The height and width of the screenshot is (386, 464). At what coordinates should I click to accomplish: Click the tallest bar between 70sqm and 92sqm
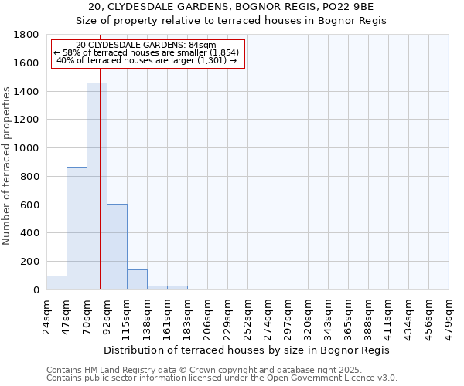(97, 186)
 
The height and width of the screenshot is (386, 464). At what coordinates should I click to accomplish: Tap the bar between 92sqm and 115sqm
(117, 247)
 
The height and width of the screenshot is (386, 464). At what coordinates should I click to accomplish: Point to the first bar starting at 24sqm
(56, 283)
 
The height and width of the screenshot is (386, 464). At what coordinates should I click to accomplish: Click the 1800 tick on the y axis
(28, 35)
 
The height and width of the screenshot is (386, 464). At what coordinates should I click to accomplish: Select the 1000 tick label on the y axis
(28, 148)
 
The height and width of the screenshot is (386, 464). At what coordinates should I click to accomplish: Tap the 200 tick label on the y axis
(31, 262)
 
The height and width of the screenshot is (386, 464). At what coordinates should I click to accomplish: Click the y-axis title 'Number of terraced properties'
(7, 166)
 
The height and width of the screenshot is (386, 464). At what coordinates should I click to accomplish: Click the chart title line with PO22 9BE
(231, 7)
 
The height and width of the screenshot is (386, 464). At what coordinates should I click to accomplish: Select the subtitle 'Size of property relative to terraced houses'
(231, 21)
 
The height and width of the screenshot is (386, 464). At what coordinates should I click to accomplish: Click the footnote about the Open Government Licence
(221, 378)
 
